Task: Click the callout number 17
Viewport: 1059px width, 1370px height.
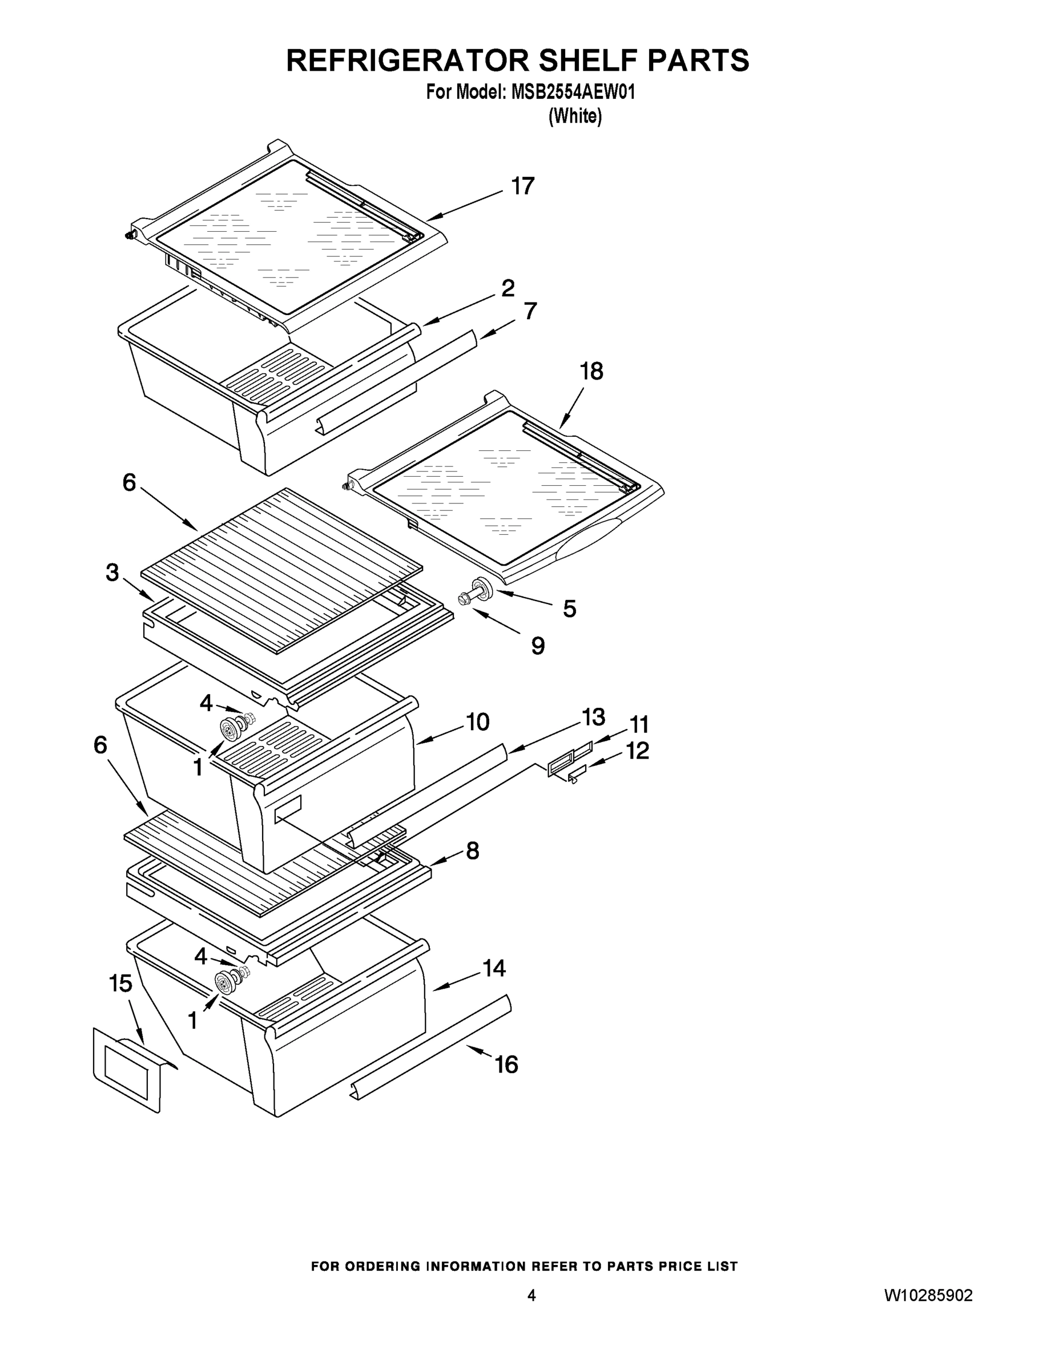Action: pyautogui.click(x=522, y=186)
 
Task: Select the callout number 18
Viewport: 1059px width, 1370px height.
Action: pyautogui.click(x=591, y=372)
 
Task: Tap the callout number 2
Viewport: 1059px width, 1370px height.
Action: pyautogui.click(x=508, y=288)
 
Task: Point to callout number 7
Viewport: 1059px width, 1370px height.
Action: pyautogui.click(x=530, y=311)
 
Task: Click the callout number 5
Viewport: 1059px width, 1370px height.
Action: pyautogui.click(x=569, y=609)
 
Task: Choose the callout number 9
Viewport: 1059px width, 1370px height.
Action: pyautogui.click(x=538, y=646)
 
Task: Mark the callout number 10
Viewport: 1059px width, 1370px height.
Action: pyautogui.click(x=477, y=723)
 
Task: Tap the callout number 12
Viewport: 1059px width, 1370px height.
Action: pyautogui.click(x=638, y=751)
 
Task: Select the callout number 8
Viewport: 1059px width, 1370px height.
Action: pyautogui.click(x=472, y=851)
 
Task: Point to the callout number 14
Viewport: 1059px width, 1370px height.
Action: pyautogui.click(x=494, y=969)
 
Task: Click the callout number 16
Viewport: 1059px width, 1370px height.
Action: pyautogui.click(x=506, y=1065)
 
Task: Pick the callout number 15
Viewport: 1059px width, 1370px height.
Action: pyautogui.click(x=121, y=984)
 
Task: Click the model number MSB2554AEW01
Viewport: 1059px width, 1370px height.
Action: pyautogui.click(x=573, y=92)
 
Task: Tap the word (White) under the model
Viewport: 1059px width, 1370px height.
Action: pyautogui.click(x=575, y=116)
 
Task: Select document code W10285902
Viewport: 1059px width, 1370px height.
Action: pyautogui.click(x=928, y=1296)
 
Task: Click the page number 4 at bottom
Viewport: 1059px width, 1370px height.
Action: pyautogui.click(x=531, y=1296)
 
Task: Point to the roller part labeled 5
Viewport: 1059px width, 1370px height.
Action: pyautogui.click(x=480, y=589)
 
